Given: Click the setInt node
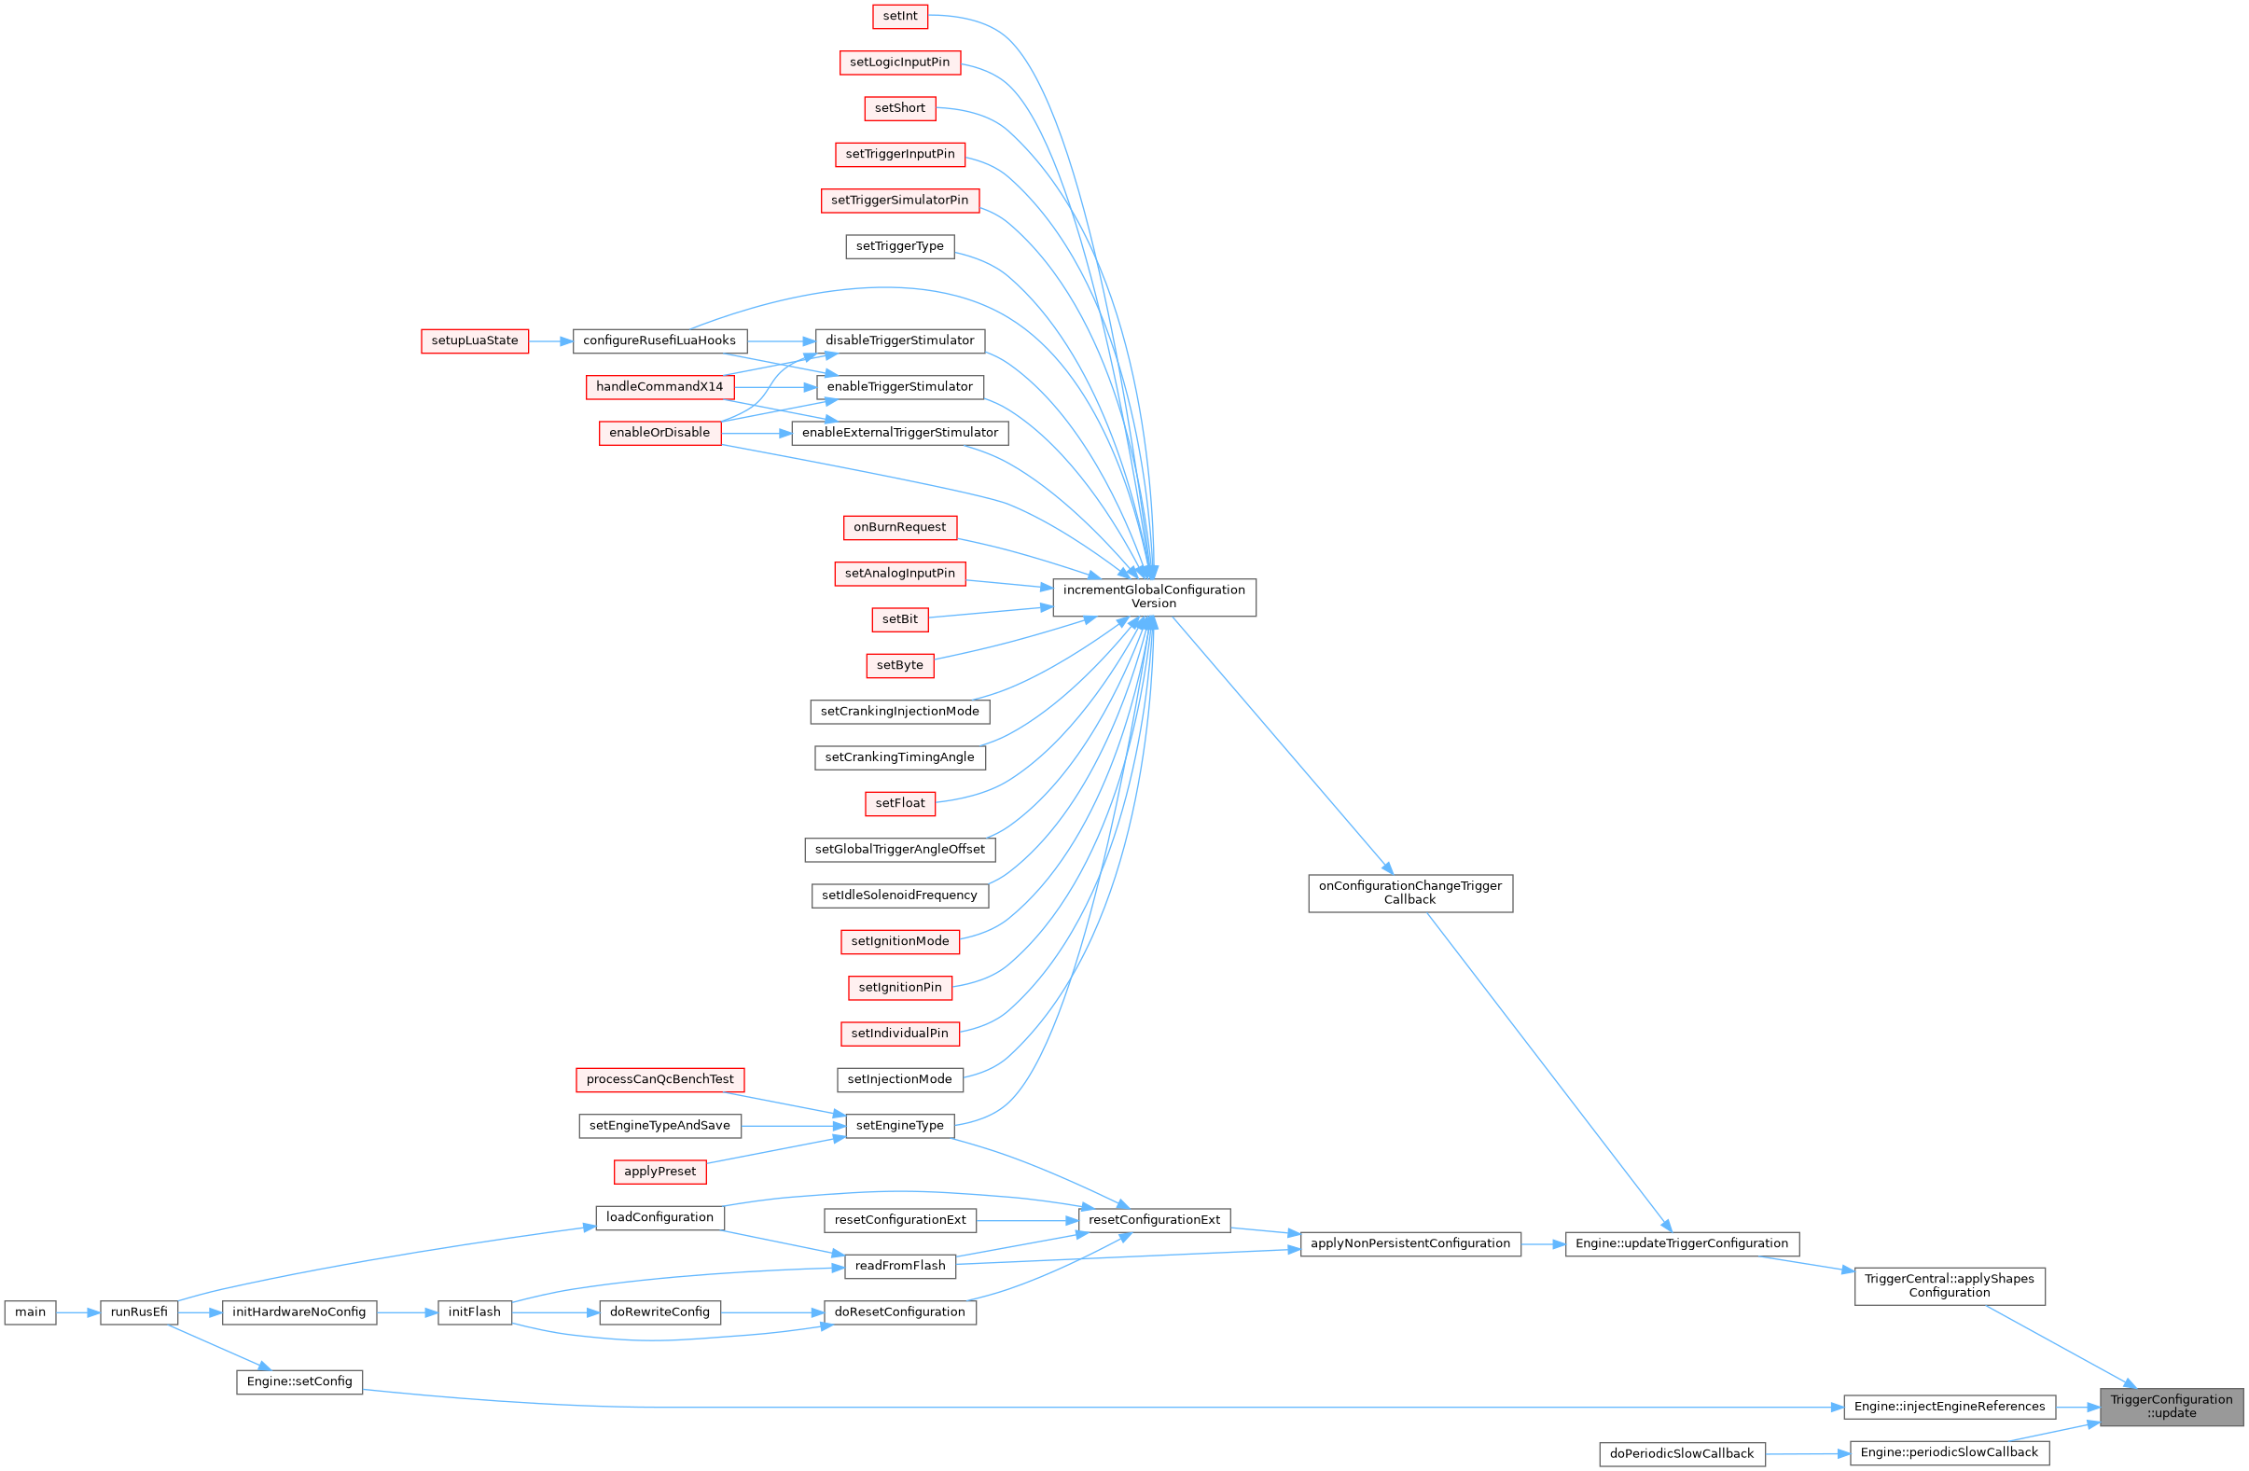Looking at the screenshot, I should [899, 16].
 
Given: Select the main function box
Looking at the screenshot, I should [30, 1312].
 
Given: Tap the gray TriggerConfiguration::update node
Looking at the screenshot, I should [2171, 1407].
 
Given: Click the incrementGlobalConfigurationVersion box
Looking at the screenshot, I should [1154, 597].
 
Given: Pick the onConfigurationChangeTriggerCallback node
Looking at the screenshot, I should [1409, 893].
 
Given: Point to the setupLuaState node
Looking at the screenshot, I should [475, 341].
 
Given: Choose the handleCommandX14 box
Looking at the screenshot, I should [659, 387].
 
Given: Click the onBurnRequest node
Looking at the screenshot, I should [899, 527].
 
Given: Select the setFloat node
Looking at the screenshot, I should [899, 804].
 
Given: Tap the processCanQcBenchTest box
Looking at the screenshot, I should [659, 1080].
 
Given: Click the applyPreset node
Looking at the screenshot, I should [659, 1172].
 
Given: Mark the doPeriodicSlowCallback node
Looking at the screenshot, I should [1681, 1454].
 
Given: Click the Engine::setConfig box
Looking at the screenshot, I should [298, 1382].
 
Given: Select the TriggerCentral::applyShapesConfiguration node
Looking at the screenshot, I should [1950, 1285].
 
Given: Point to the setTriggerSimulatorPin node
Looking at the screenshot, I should [899, 201].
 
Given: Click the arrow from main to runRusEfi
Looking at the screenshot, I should [78, 1312].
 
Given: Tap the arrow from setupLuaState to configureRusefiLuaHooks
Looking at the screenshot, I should [551, 341].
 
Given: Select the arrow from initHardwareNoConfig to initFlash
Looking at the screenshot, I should [408, 1312].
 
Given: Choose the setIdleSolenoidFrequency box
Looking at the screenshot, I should [899, 895].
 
